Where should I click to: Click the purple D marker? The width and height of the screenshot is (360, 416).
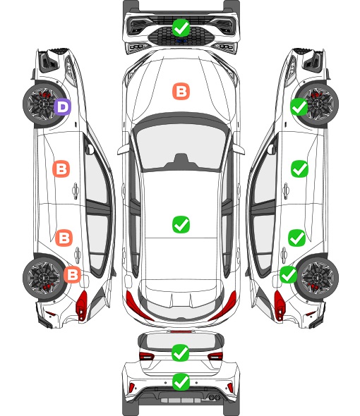tap(62, 106)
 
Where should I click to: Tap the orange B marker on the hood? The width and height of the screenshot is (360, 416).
tap(181, 91)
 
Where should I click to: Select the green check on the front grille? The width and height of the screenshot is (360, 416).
tap(181, 27)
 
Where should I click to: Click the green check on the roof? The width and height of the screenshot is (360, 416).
tap(181, 224)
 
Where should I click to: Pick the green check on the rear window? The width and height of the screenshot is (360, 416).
tap(181, 353)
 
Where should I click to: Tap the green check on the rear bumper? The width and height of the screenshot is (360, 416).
tap(181, 381)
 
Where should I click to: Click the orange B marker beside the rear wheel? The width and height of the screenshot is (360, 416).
tap(72, 274)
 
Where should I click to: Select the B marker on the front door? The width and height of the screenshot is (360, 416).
tap(61, 169)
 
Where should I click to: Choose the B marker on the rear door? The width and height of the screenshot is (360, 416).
tap(64, 238)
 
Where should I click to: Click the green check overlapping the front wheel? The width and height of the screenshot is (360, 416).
tap(299, 107)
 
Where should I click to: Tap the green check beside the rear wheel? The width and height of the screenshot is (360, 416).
tap(289, 274)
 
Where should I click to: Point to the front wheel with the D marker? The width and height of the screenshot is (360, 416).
tap(42, 104)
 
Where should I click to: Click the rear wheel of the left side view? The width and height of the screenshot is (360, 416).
tap(42, 278)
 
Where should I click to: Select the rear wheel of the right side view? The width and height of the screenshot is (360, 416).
tap(318, 278)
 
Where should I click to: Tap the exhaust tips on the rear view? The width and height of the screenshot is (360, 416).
tap(214, 397)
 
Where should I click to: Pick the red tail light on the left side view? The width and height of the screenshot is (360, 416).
tap(82, 305)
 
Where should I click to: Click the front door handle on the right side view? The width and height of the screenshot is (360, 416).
tap(286, 190)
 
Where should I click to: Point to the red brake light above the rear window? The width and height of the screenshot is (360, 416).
tap(181, 331)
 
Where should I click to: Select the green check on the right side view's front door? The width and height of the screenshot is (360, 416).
tap(300, 169)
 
